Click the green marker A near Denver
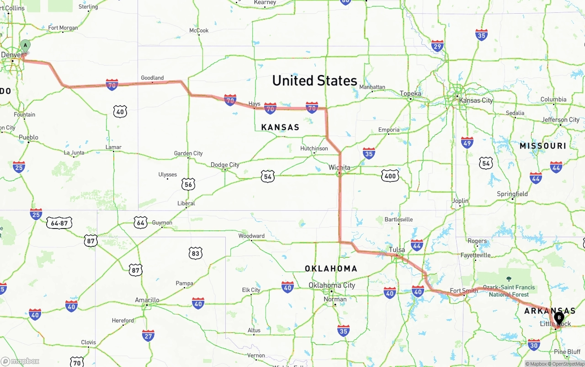pyautogui.click(x=25, y=45)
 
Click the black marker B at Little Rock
pyautogui.click(x=559, y=318)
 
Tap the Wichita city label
pyautogui.click(x=339, y=168)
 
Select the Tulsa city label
pyautogui.click(x=397, y=250)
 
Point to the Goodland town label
pyautogui.click(x=152, y=78)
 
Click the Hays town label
pyautogui.click(x=254, y=104)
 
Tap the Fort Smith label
pyautogui.click(x=463, y=291)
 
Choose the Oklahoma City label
pyautogui.click(x=331, y=285)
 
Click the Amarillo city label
pyautogui.click(x=147, y=300)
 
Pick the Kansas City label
pyautogui.click(x=476, y=100)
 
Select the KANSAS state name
pyautogui.click(x=280, y=128)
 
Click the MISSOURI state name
pyautogui.click(x=542, y=146)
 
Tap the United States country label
pyautogui.click(x=314, y=81)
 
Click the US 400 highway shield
pyautogui.click(x=390, y=176)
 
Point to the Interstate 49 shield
pyautogui.click(x=467, y=142)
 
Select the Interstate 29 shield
pyautogui.click(x=437, y=46)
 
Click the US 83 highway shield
pyautogui.click(x=195, y=253)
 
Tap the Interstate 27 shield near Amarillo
pyautogui.click(x=148, y=336)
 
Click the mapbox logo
pyautogui.click(x=20, y=361)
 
